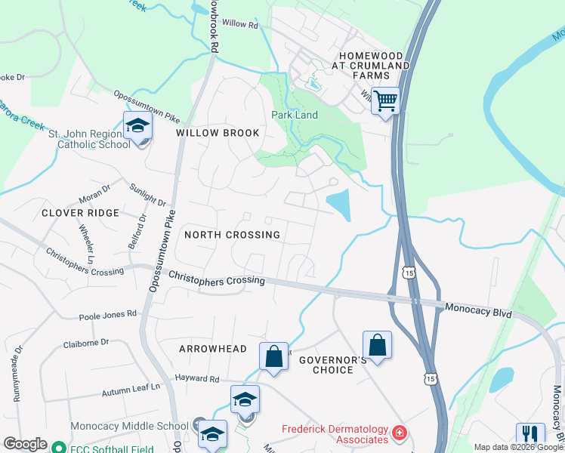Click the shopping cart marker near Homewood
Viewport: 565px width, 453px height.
pos(385,100)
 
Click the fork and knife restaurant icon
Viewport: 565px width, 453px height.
pos(530,435)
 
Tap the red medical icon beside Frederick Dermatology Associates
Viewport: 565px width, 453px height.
pos(399,434)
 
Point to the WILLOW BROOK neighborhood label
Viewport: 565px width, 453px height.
pos(218,133)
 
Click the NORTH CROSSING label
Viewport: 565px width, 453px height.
pos(232,235)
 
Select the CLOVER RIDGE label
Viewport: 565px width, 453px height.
pos(81,213)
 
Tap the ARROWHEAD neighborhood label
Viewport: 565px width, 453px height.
pos(213,349)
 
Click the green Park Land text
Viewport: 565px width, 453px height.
pos(295,115)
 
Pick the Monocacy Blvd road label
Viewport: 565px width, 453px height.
pos(479,309)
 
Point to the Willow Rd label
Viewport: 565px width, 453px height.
pos(240,24)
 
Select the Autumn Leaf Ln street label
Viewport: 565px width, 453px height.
pos(131,390)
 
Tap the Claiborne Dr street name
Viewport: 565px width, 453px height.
pos(83,344)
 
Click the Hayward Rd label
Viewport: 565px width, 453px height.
pos(196,378)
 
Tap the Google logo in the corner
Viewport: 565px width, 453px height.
pos(25,443)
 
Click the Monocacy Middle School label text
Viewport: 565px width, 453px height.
pos(129,426)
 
